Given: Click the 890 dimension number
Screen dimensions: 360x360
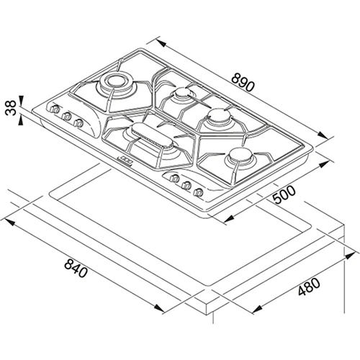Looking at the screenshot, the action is [x=243, y=83].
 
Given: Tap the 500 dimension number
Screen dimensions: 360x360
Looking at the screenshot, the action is [x=284, y=194].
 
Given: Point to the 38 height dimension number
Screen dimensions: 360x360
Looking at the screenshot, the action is [x=11, y=108].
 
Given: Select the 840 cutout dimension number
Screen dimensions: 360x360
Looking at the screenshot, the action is [x=76, y=269].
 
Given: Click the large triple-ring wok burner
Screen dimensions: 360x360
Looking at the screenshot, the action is [x=116, y=83].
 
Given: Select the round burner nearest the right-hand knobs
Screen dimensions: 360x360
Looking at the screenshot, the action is [x=239, y=156].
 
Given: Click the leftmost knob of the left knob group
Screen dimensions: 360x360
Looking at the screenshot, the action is [x=55, y=109].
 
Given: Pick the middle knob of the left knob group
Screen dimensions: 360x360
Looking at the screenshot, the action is [x=66, y=116].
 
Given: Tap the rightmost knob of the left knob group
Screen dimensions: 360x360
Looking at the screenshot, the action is [x=78, y=123].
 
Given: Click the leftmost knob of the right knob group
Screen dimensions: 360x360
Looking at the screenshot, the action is [x=174, y=179].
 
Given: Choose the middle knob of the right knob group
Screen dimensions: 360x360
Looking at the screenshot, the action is [x=186, y=185].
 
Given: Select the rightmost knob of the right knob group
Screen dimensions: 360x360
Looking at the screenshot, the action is [x=198, y=192].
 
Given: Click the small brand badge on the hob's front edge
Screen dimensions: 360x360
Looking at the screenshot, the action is [x=125, y=160].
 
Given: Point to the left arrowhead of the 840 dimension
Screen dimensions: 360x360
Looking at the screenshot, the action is [x=9, y=222].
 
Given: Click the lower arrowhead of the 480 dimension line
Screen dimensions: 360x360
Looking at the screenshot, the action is [x=257, y=308].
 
